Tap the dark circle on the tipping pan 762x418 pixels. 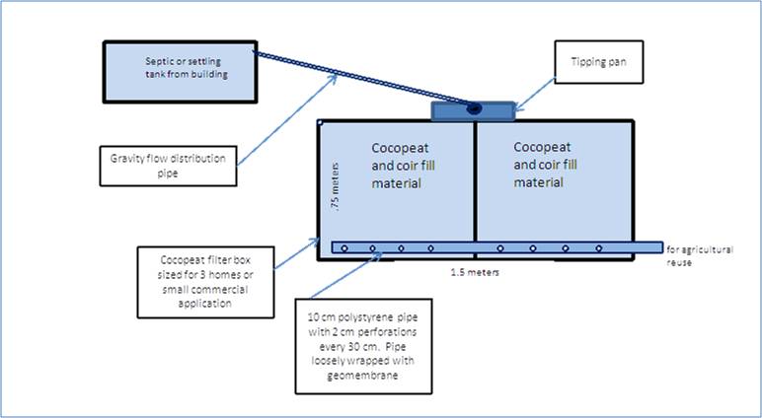point(474,107)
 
